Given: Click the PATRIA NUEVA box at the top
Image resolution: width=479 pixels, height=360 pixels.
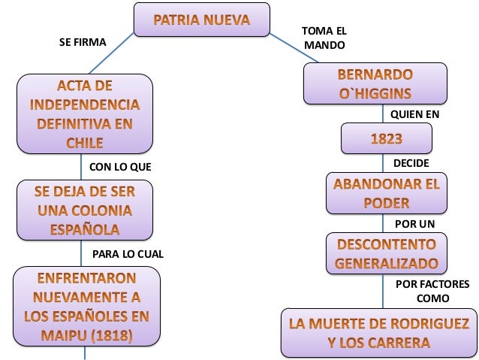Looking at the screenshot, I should [201, 20].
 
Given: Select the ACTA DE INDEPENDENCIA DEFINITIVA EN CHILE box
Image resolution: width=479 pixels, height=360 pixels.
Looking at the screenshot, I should [84, 112].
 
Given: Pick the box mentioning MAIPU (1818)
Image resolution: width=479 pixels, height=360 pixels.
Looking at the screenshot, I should [86, 307].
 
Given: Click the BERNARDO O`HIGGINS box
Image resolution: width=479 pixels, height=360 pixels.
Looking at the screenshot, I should [375, 83].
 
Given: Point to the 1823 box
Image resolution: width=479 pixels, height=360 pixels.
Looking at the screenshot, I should [386, 139].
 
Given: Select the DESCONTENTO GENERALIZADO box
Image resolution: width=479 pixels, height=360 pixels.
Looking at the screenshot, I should [386, 254].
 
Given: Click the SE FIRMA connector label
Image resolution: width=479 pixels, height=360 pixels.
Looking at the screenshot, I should [83, 43].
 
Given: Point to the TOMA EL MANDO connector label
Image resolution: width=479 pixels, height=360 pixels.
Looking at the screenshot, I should [324, 38].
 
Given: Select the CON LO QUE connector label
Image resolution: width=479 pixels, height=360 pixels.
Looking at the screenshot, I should [120, 166].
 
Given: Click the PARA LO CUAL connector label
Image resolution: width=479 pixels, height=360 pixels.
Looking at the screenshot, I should [128, 254].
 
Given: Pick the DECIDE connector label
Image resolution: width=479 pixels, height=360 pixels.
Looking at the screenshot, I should [411, 162].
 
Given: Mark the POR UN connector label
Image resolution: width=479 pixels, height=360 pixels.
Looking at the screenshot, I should [414, 223].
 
